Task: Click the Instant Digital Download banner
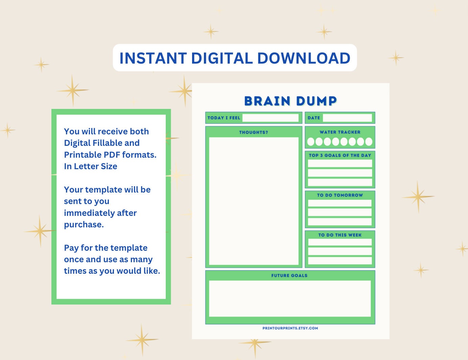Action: pos(235,58)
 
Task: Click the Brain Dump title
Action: pos(290,101)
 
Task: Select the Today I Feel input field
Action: pos(270,118)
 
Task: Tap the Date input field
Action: pos(347,118)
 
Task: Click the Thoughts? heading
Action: pos(253,132)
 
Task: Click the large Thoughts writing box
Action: pos(254,201)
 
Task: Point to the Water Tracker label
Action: pos(340,132)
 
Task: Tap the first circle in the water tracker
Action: pos(311,141)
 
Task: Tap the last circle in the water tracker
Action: pos(369,141)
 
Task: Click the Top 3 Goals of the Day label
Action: pos(340,155)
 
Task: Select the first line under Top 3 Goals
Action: pos(340,163)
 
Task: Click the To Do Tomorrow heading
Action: pos(340,195)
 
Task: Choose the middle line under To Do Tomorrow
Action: pos(340,212)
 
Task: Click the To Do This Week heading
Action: pos(340,235)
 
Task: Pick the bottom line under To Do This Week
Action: pos(340,261)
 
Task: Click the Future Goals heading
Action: pos(289,275)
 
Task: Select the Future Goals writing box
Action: pos(290,298)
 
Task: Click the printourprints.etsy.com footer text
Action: pos(290,328)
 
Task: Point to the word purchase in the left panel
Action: pos(83,225)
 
